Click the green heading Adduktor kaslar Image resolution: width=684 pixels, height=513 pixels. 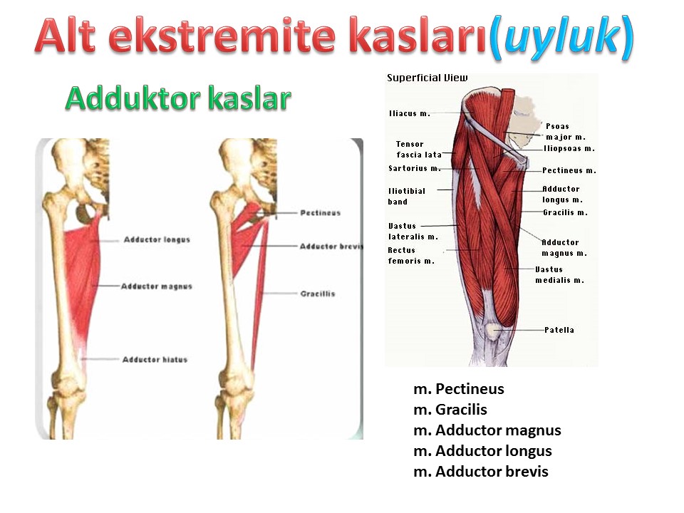pyautogui.click(x=178, y=98)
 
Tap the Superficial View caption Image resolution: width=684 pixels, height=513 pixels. pyautogui.click(x=427, y=78)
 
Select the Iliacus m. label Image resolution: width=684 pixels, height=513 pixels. pyautogui.click(x=410, y=113)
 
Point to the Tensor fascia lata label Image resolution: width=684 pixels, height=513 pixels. pyautogui.click(x=419, y=149)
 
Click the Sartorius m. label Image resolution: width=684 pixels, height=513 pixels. pyautogui.click(x=415, y=168)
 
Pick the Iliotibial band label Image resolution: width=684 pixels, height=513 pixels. pyautogui.click(x=407, y=197)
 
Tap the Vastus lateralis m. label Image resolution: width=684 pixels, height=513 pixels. pyautogui.click(x=413, y=231)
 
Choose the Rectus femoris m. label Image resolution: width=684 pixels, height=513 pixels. pyautogui.click(x=411, y=256)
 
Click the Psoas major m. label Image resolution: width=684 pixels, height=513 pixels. pyautogui.click(x=566, y=132)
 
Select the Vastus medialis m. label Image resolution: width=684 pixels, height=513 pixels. pyautogui.click(x=560, y=275)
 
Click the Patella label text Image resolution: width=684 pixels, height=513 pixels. pyautogui.click(x=559, y=330)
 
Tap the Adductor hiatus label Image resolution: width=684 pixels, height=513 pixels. pyautogui.click(x=155, y=359)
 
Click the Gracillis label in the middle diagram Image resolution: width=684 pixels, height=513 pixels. pyautogui.click(x=318, y=294)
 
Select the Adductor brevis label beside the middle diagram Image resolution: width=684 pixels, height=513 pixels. pyautogui.click(x=331, y=246)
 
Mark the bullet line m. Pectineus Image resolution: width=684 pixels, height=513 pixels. pyautogui.click(x=459, y=389)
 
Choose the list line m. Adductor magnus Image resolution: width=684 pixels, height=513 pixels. pyautogui.click(x=487, y=430)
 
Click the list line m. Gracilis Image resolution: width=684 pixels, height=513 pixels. pyautogui.click(x=450, y=410)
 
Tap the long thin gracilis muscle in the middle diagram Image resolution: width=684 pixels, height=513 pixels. pyautogui.click(x=261, y=292)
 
